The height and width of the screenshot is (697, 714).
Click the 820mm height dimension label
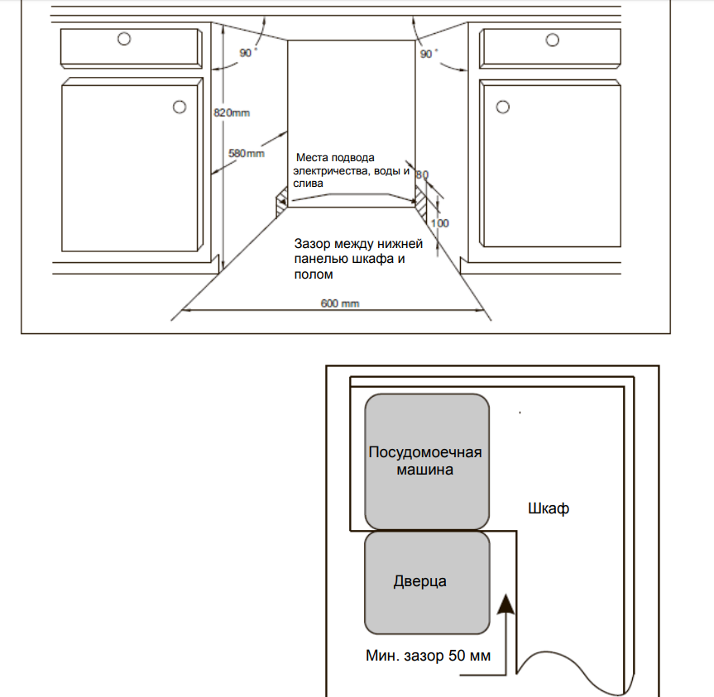232,112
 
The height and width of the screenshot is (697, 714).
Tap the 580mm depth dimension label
246,153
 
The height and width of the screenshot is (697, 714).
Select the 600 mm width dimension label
339,303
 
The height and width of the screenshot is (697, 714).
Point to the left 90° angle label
247,53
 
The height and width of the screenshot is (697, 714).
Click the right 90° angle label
429,54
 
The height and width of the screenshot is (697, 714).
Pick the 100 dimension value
440,224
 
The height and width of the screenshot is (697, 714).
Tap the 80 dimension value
422,174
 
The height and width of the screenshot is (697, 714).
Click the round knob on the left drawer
124,38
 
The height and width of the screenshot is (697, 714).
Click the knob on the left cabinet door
179,107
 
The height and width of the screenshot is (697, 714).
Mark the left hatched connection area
280,199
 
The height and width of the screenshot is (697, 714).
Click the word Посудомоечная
424,452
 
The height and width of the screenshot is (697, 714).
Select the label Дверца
420,581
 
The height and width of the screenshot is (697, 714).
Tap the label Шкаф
549,508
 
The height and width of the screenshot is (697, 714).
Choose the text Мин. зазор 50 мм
429,656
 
